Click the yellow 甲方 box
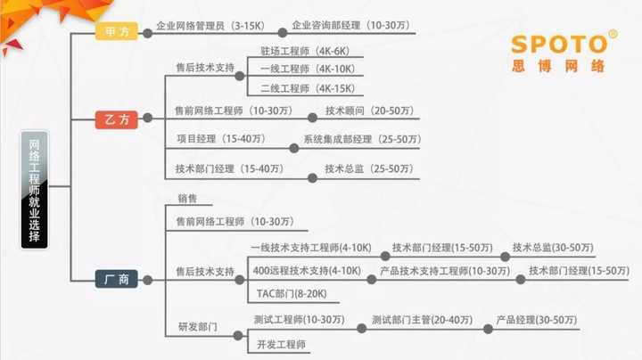[x=117, y=30]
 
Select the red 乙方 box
[x=117, y=119]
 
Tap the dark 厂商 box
[x=117, y=280]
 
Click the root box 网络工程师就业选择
[x=35, y=186]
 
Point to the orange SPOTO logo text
[x=560, y=44]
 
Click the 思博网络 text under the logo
[x=558, y=67]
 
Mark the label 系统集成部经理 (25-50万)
[x=360, y=140]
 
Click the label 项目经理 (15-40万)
[x=220, y=140]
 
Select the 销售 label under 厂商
[x=187, y=199]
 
